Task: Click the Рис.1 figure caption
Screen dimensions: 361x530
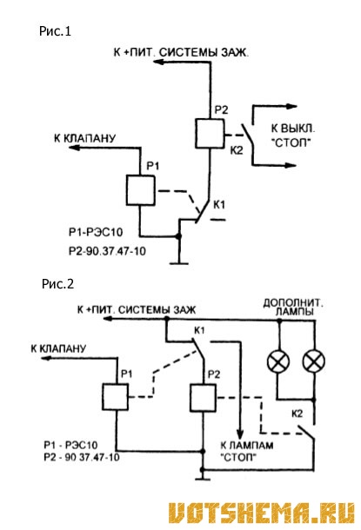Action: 55,31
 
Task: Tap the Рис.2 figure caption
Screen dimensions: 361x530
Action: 58,283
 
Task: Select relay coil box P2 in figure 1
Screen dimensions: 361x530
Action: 210,134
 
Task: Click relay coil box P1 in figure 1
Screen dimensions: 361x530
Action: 141,190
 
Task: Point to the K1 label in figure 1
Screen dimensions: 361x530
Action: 219,205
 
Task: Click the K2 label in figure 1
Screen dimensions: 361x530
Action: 237,150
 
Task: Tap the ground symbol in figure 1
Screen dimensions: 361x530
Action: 179,262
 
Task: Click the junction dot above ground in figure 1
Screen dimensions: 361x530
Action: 178,236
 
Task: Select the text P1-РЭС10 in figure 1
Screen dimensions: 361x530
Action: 96,232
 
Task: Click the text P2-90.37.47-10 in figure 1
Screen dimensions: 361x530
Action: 107,251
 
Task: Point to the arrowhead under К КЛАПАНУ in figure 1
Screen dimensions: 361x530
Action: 75,148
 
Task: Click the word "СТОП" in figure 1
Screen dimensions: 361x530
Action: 291,142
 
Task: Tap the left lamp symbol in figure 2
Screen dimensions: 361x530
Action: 278,361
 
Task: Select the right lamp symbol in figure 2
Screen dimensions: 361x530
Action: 314,361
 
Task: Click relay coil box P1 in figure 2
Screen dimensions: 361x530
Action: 115,397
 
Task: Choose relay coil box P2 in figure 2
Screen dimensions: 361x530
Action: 203,398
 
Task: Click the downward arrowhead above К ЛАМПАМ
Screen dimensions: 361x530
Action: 240,434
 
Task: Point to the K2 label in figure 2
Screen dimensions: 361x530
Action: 297,414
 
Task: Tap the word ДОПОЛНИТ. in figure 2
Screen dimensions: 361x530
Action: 293,302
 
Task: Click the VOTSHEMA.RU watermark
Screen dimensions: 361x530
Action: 261,513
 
